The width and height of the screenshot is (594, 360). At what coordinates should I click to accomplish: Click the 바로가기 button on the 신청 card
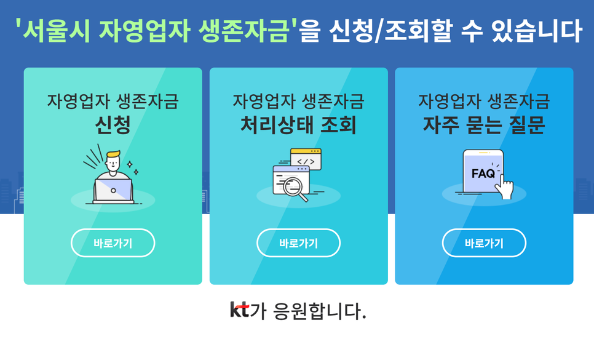click(113, 243)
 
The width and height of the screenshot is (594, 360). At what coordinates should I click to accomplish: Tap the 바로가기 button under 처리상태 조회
click(298, 243)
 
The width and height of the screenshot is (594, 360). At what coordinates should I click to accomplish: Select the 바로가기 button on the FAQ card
click(484, 243)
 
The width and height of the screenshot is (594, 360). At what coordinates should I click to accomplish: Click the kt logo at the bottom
click(240, 310)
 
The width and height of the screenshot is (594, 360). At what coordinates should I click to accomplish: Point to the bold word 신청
click(113, 125)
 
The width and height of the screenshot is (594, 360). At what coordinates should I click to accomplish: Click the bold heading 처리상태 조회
click(298, 125)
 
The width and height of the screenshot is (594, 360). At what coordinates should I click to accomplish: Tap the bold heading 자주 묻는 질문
click(484, 125)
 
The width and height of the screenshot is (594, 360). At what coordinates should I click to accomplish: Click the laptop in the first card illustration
click(113, 191)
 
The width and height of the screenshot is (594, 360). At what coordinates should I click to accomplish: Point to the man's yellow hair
click(113, 154)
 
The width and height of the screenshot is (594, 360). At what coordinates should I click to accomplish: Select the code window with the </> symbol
click(306, 159)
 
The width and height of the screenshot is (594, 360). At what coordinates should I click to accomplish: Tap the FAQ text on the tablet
click(483, 174)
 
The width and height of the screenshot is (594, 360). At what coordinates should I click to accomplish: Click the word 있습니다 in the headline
click(536, 30)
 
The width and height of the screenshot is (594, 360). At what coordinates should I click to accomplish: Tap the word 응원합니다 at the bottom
click(319, 311)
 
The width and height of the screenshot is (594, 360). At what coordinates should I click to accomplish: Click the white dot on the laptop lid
click(113, 191)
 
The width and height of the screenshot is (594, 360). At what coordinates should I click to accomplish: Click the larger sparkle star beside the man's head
click(130, 164)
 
